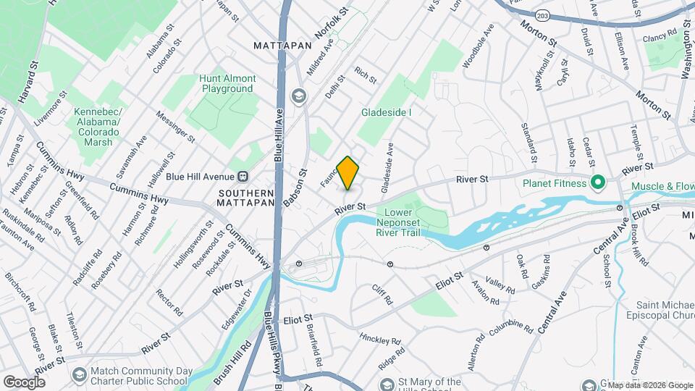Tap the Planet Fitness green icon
coord(597,183)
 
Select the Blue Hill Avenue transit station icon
coord(243,176)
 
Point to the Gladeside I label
coord(387,112)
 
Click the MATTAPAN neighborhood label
coord(282,45)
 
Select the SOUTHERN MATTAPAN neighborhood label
coord(246,198)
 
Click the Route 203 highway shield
coord(542,14)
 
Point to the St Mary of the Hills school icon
coord(387,383)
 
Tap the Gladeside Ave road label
coord(387,167)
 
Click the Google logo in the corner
coord(24,382)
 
